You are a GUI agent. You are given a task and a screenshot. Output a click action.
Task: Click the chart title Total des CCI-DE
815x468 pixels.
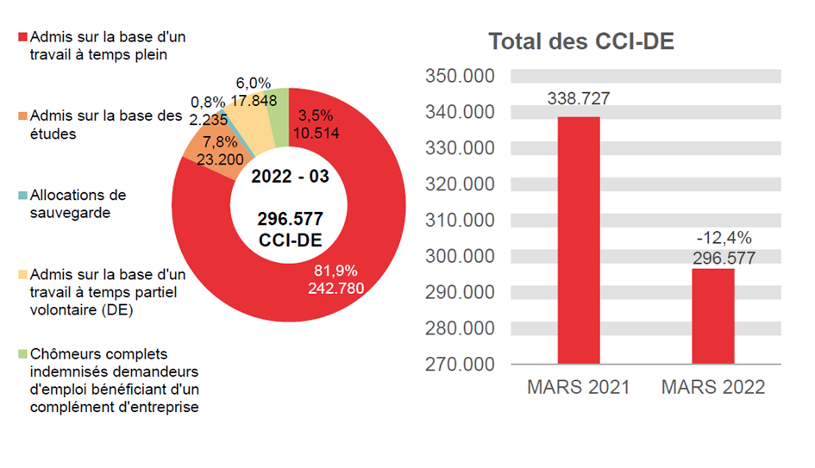pos(581,42)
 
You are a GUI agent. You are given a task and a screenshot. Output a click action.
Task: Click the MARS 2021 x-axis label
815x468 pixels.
pos(579,387)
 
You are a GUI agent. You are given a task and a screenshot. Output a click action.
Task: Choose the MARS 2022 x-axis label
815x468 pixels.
pos(713,387)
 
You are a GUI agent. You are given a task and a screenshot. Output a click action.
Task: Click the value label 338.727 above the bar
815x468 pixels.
pos(579,99)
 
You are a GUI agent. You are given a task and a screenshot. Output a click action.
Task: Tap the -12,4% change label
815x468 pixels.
pos(713,237)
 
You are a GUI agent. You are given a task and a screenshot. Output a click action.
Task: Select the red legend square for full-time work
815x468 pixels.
pos(22,38)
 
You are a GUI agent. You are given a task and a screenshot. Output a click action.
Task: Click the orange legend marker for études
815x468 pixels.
pos(22,115)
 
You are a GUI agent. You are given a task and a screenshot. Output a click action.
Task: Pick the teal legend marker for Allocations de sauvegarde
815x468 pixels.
pos(22,196)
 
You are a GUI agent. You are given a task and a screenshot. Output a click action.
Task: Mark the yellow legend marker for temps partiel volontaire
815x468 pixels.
pos(22,276)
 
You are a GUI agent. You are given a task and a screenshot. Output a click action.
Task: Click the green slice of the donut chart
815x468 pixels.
pos(275,104)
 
